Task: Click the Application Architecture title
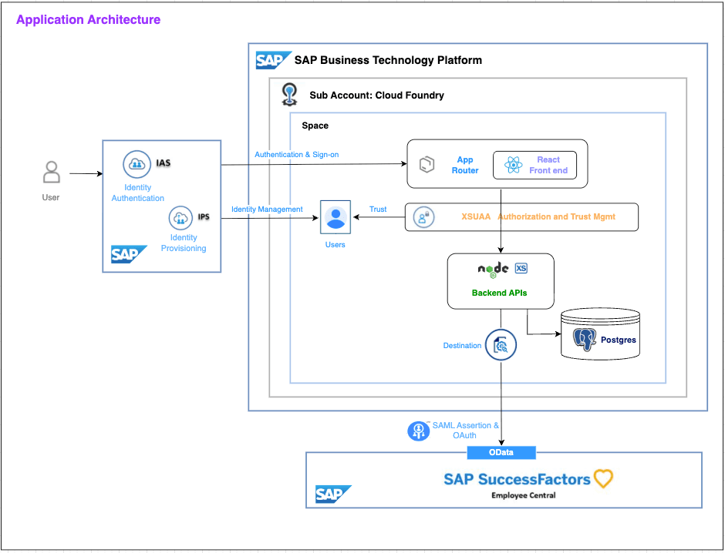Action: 88,20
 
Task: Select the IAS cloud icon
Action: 136,164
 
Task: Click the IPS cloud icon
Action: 180,218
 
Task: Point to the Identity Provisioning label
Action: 184,243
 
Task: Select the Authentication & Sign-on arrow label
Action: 296,155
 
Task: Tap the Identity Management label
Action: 267,209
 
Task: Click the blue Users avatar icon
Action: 336,217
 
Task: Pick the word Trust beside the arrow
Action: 378,209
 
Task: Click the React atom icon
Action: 514,165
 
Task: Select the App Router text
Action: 465,165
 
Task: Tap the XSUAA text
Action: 476,217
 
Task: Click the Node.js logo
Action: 493,269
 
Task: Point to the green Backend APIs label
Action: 500,293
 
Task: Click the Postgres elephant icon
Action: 585,339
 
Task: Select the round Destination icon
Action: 501,346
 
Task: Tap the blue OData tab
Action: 501,452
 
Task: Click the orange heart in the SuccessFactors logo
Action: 603,478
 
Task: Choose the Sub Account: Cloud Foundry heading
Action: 376,96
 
